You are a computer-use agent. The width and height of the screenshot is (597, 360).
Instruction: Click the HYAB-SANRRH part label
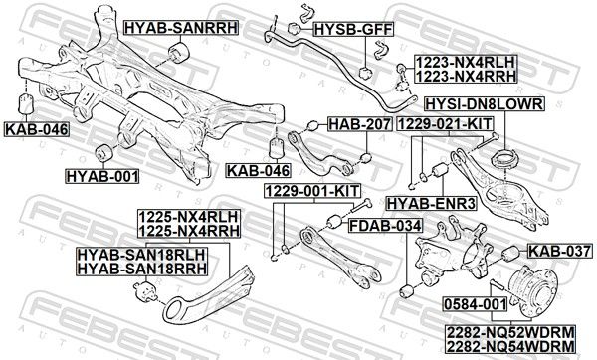[181, 28]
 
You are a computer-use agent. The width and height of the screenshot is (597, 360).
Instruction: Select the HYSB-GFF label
[353, 29]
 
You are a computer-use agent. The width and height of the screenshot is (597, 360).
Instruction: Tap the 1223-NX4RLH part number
[466, 62]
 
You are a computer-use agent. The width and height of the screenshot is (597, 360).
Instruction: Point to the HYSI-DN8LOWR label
[485, 103]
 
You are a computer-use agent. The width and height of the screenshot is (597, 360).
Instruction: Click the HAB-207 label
[360, 124]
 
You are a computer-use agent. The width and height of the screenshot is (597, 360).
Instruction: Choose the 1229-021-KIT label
[445, 124]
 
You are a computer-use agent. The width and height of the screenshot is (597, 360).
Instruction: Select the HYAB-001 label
[102, 176]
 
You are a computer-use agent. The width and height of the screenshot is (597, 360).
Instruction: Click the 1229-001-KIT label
[312, 191]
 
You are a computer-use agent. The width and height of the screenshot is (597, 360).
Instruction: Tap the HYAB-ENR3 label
[432, 204]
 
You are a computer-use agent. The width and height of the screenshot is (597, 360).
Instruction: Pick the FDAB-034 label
[385, 226]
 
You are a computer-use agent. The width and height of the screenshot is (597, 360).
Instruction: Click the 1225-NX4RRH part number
[189, 231]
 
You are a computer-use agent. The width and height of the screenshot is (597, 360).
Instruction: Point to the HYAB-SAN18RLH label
[141, 254]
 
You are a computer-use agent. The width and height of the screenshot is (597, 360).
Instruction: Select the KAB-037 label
[560, 252]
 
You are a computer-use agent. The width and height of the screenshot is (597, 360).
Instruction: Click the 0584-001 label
[476, 304]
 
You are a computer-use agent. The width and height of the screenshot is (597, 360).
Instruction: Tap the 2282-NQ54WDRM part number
[510, 347]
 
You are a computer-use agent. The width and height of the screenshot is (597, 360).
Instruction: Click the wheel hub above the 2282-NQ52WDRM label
[531, 287]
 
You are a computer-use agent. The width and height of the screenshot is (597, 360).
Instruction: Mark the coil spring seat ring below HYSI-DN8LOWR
[504, 159]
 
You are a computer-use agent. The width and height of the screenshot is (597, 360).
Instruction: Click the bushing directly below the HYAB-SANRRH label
[179, 53]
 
